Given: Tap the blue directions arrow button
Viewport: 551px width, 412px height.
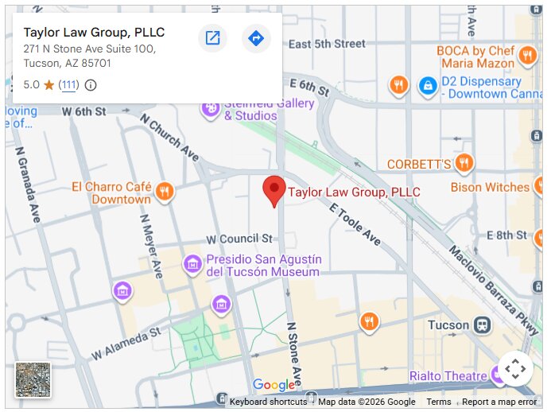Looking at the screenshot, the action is click(256, 38).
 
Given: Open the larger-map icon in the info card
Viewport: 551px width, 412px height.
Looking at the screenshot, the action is click(212, 38).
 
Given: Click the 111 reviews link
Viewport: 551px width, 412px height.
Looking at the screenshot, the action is click(69, 85).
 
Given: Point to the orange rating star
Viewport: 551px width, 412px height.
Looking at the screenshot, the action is click(49, 85).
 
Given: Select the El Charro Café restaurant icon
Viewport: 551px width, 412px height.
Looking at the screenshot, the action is click(165, 191).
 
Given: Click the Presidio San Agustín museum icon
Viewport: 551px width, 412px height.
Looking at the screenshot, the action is click(192, 263).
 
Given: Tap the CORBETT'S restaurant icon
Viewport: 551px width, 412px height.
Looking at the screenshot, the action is click(464, 164).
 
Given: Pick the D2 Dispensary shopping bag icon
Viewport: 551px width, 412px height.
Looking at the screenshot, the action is click(428, 84).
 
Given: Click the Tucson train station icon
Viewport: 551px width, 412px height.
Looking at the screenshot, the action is click(482, 325).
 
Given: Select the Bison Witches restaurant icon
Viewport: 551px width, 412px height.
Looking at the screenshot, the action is click(544, 187).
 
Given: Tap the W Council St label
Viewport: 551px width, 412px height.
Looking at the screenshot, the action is click(239, 239).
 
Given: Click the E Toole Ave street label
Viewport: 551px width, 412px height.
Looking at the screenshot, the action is click(355, 223).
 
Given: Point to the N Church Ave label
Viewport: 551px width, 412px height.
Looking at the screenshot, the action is click(169, 137).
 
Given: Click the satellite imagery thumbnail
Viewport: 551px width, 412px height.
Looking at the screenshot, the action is click(33, 379).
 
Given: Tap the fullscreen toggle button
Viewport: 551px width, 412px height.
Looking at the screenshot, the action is click(515, 368).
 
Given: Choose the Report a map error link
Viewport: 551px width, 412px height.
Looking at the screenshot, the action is click(499, 402).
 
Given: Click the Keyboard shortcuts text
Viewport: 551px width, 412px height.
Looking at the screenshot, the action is click(268, 402).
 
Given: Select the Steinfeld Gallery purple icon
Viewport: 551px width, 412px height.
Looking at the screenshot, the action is click(211, 107).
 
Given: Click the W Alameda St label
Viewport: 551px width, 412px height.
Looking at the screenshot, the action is click(126, 342).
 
